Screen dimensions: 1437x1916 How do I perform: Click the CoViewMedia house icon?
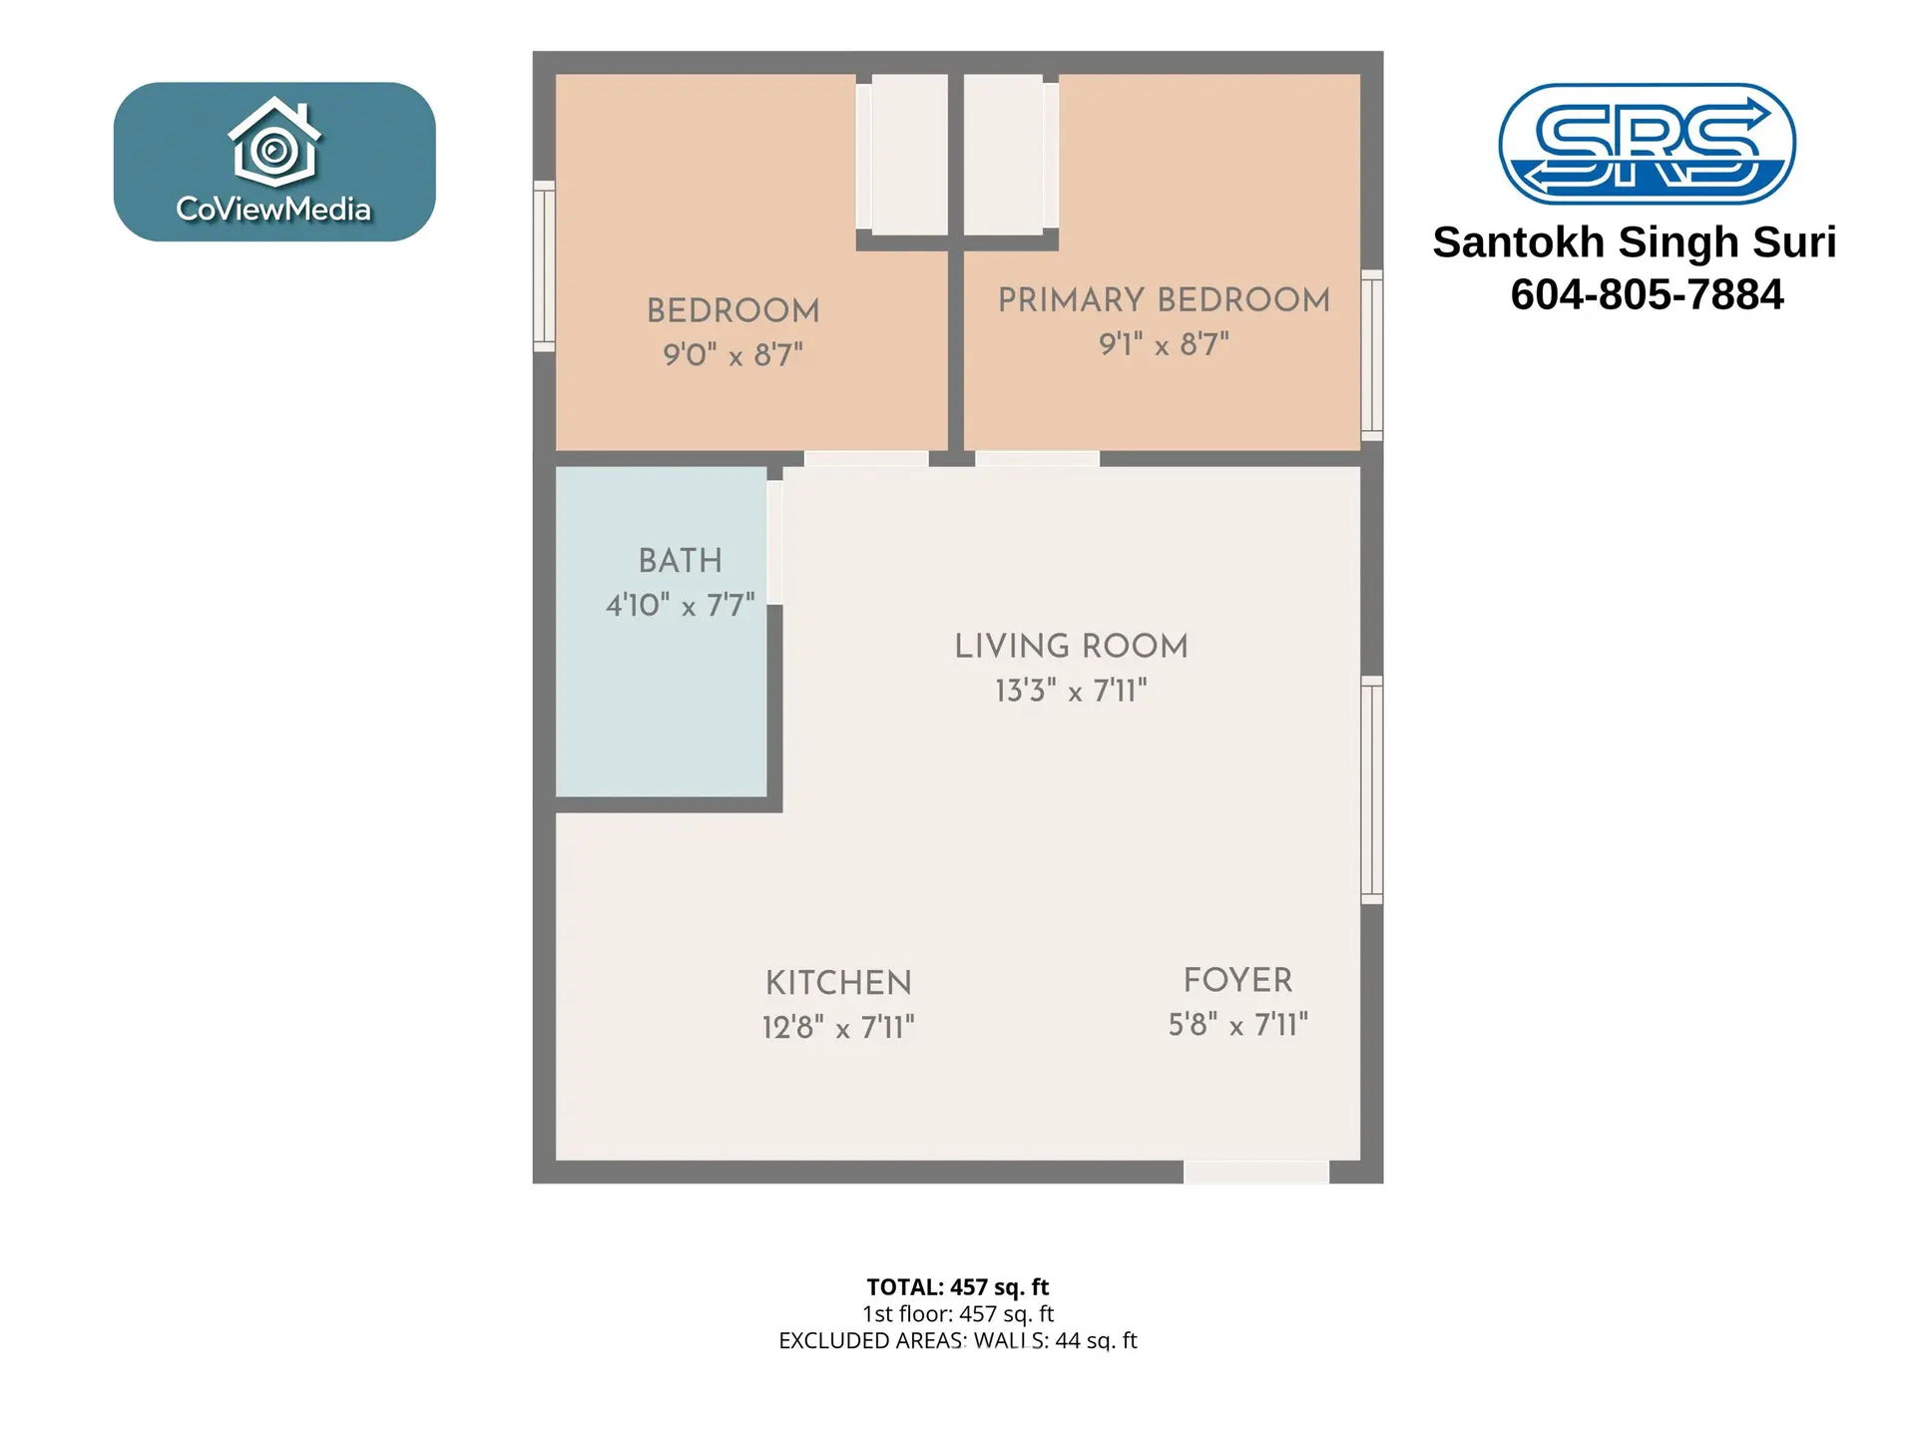click(x=274, y=142)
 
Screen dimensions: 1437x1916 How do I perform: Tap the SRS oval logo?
click(x=1647, y=144)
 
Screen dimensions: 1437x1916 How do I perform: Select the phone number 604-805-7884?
click(x=1647, y=294)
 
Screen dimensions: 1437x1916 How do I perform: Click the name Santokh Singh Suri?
click(x=1635, y=242)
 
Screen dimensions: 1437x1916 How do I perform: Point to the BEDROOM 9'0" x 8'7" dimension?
click(x=733, y=354)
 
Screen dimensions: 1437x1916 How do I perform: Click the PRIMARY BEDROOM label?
click(x=1164, y=299)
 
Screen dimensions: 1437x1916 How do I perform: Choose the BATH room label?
click(x=680, y=561)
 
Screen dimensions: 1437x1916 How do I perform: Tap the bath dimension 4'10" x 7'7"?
click(x=680, y=605)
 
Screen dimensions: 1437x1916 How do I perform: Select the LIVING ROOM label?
click(x=1071, y=647)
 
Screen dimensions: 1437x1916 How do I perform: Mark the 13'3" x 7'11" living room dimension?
click(x=1071, y=691)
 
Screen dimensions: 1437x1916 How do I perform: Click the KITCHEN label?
click(x=838, y=983)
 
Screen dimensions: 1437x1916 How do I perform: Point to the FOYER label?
click(x=1237, y=980)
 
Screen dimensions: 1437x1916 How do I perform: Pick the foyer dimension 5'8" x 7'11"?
click(x=1237, y=1025)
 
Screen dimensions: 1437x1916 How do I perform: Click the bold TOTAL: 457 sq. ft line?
click(x=957, y=1287)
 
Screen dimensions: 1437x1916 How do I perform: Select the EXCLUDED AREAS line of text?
click(x=957, y=1341)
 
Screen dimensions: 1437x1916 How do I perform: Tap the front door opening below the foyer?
click(x=1255, y=1173)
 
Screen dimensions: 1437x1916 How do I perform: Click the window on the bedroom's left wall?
click(x=544, y=266)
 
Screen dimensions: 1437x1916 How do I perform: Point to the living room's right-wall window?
click(x=1372, y=790)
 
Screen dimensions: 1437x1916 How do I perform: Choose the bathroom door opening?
click(x=774, y=543)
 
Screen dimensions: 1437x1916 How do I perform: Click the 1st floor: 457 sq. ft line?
click(x=957, y=1314)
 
